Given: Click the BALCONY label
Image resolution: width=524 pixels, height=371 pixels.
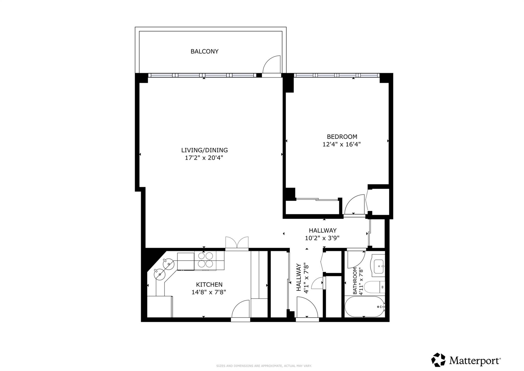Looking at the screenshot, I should click(204, 51).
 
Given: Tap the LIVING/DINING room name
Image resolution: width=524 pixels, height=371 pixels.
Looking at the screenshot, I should click(204, 150).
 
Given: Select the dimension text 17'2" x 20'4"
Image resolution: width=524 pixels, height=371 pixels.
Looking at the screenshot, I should click(204, 158).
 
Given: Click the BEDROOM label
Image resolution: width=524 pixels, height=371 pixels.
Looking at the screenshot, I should click(342, 137).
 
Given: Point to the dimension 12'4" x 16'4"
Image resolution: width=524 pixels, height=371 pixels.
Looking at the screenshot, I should click(342, 144).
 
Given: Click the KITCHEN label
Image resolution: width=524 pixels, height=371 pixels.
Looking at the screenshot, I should click(209, 284).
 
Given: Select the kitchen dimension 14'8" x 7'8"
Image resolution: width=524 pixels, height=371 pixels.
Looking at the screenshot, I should click(209, 292).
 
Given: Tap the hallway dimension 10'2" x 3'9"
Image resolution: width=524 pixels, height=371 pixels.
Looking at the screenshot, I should click(322, 238).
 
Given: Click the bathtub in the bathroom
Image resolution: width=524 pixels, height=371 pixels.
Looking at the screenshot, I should click(364, 307).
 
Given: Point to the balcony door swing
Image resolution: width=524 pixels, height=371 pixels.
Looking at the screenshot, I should click(272, 65).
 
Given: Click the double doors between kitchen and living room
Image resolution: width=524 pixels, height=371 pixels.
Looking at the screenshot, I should click(237, 243).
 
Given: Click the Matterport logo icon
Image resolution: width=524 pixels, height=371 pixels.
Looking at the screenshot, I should click(438, 360).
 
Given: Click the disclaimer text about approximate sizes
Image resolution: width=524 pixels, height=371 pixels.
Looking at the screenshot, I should click(264, 366).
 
